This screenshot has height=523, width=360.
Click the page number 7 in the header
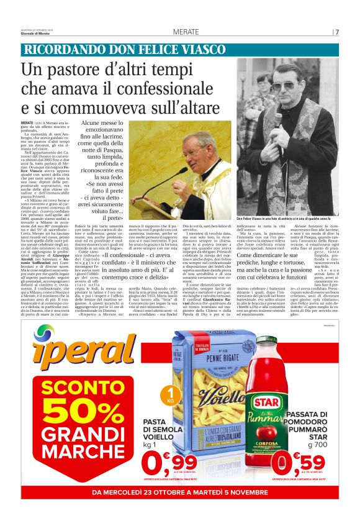tap(337, 32)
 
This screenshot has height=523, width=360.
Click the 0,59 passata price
tap(298, 463)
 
